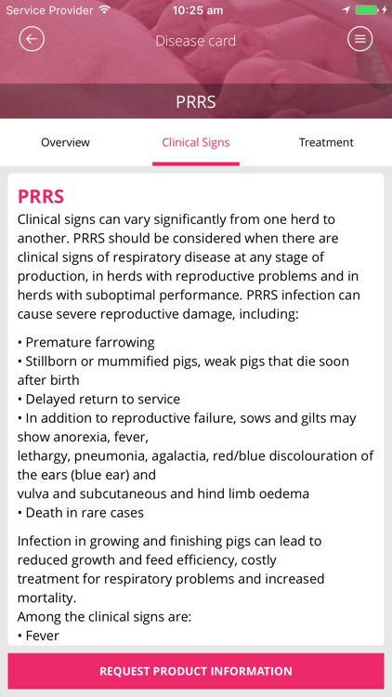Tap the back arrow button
coord(32,39)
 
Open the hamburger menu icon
coord(359,39)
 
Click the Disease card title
coord(196,41)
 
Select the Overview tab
coord(65,142)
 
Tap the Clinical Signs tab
coord(196,142)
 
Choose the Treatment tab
coord(326,142)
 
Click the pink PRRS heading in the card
coord(41,197)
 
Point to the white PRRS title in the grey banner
coord(196,101)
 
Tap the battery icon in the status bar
coord(368,10)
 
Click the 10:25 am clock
coord(197,10)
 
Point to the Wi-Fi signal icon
coord(104,10)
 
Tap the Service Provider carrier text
coord(48,10)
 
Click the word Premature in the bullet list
coord(59,342)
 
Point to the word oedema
coord(284,493)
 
